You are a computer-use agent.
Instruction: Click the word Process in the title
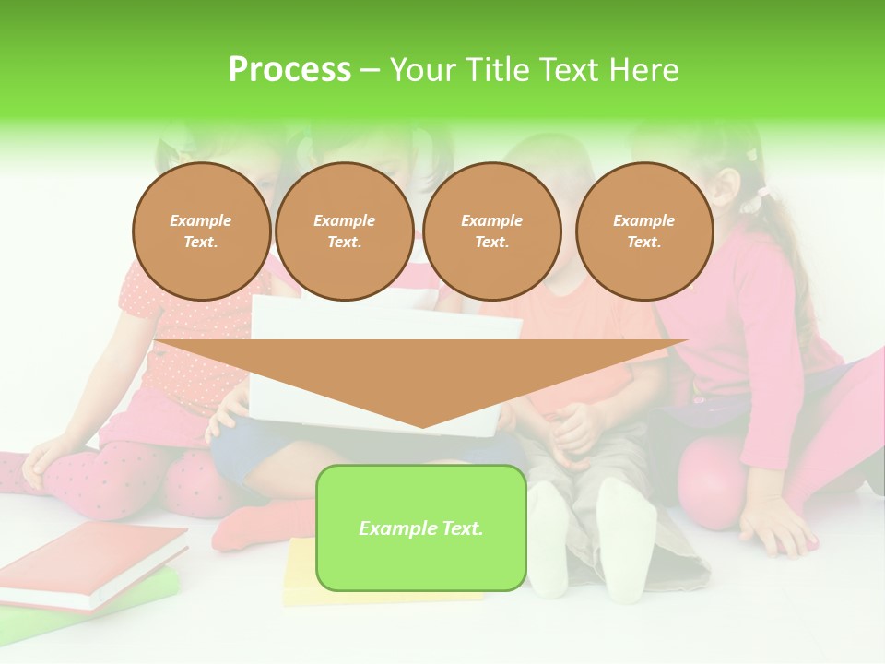pos(289,70)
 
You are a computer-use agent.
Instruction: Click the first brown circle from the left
pos(201,231)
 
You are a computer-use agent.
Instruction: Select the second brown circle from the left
pos(344,231)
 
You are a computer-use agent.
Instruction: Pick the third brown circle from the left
pos(491,231)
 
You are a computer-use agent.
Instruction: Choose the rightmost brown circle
pos(643,231)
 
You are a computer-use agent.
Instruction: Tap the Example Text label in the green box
pos(420,528)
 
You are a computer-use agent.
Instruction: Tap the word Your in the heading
pos(423,70)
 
